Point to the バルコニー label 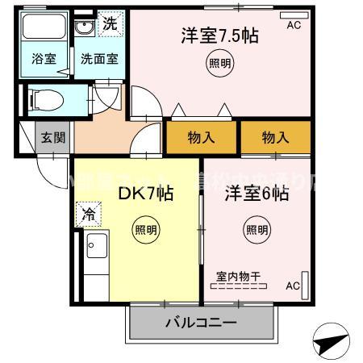click(x=201, y=323)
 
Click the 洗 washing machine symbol click(x=110, y=24)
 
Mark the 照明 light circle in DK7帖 click(x=146, y=229)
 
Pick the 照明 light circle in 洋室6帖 click(x=257, y=229)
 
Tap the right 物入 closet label click(x=275, y=137)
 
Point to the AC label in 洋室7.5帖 click(x=293, y=25)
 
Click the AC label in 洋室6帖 click(x=293, y=286)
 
